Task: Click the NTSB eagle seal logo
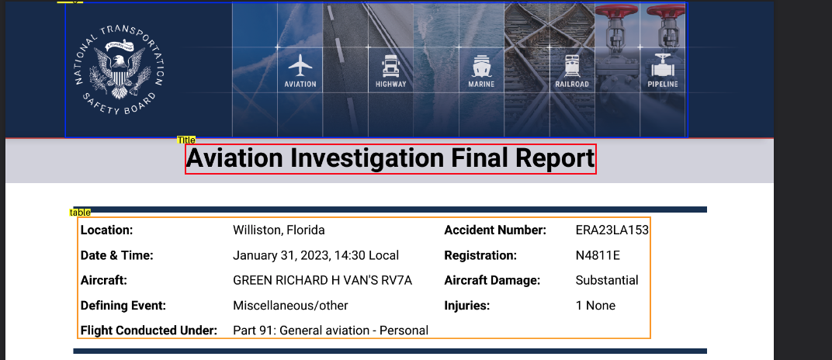[120, 70]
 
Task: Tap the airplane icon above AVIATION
[300, 65]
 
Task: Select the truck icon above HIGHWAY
[390, 66]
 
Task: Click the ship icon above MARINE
[481, 66]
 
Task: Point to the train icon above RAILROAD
[572, 66]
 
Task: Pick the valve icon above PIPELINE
[662, 66]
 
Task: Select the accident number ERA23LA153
[612, 230]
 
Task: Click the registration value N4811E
[598, 255]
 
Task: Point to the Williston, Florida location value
[279, 230]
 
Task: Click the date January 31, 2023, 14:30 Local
[316, 255]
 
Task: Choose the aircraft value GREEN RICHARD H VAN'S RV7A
[323, 280]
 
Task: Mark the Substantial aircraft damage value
[607, 280]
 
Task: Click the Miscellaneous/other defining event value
[290, 306]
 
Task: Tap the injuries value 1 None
[595, 306]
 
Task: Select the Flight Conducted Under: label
[149, 331]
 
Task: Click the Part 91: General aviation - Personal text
[331, 331]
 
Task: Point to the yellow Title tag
[186, 140]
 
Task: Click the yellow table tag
[80, 213]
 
